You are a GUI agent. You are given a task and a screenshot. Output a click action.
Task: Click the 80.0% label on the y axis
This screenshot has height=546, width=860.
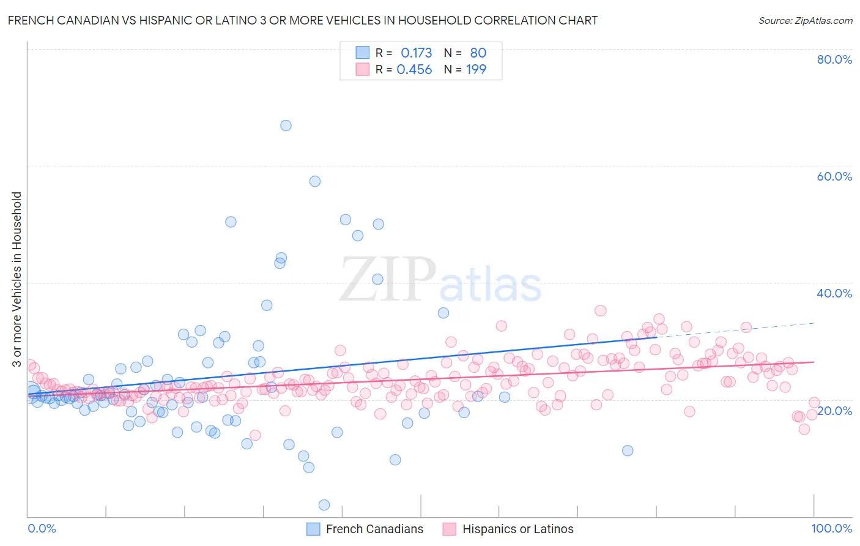pos(834,59)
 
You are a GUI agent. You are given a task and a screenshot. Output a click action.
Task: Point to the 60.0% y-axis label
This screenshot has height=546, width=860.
pos(834,176)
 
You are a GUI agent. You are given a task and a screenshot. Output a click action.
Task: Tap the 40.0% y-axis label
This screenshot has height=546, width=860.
pos(834,293)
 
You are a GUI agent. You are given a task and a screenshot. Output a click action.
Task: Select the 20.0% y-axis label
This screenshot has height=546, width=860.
pos(834,411)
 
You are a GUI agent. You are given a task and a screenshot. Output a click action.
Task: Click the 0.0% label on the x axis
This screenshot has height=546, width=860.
pos(42,528)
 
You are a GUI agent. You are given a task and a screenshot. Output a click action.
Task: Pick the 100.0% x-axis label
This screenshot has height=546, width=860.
pos(831,528)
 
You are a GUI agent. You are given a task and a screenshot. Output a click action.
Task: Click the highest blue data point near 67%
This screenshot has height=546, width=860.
pos(286,125)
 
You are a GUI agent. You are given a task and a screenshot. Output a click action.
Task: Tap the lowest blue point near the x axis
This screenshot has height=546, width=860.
pos(324,505)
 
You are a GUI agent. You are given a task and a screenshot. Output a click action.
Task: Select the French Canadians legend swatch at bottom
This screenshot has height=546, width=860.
pos(313,529)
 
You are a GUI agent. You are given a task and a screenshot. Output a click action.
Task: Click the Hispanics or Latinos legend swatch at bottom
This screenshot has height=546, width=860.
pos(450,529)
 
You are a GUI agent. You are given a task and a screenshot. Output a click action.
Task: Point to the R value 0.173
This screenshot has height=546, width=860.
pos(416,53)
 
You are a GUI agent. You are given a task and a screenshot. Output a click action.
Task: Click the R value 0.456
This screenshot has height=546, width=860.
pos(414,70)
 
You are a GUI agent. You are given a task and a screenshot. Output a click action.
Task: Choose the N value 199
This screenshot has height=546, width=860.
pos(476,70)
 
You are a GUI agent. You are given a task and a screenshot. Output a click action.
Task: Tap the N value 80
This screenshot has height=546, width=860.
pos(478,53)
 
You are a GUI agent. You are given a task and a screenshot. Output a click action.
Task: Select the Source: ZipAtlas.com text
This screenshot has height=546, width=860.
pos(805,20)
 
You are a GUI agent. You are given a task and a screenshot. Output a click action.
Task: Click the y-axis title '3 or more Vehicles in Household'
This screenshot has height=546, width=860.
pos(17,279)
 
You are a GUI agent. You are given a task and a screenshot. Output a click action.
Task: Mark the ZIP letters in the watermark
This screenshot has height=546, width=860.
pos(387,279)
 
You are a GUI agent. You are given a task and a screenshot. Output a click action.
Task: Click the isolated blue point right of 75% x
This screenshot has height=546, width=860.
pos(628,451)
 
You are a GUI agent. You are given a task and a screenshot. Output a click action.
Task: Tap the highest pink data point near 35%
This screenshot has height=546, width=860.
pos(600,310)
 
